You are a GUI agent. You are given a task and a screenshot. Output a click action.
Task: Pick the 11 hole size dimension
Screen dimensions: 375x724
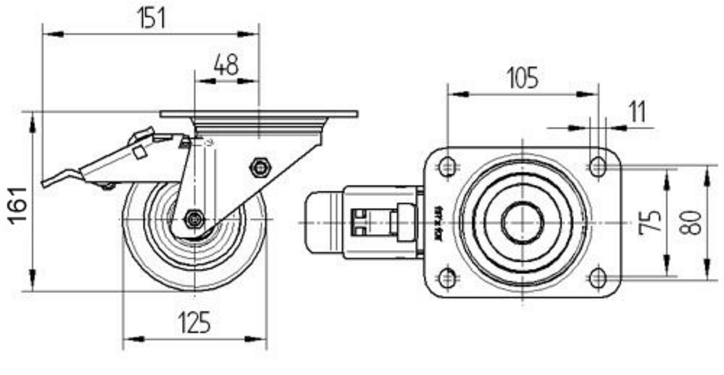(636, 111)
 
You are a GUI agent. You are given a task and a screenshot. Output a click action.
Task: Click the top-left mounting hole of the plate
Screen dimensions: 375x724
(448, 167)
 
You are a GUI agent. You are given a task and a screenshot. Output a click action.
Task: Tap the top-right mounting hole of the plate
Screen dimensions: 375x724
(597, 167)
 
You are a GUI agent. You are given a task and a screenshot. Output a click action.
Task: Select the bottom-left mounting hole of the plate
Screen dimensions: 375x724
(448, 277)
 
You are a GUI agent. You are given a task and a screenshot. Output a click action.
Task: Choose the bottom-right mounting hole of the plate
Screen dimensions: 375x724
(597, 277)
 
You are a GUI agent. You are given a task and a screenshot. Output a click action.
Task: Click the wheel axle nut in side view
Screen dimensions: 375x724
(193, 218)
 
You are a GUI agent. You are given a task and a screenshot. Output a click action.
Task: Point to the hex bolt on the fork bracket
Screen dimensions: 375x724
(259, 167)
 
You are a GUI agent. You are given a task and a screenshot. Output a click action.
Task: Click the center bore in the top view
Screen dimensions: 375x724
(522, 222)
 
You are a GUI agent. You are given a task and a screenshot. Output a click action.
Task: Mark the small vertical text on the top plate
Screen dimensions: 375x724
(437, 222)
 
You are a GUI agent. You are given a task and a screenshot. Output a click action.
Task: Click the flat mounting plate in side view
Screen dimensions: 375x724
(258, 114)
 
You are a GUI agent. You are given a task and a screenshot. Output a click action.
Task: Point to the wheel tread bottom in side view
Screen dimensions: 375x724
(194, 288)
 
